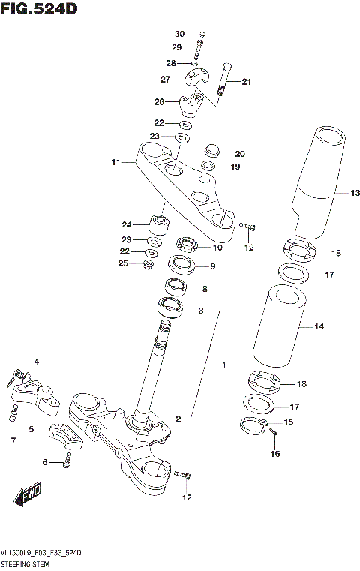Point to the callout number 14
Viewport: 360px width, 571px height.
[319, 326]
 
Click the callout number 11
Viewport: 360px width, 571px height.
[115, 161]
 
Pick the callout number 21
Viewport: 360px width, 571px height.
[246, 83]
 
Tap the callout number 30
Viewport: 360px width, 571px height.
[178, 35]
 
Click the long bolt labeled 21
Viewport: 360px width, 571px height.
[223, 79]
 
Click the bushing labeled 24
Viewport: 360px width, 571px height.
[160, 224]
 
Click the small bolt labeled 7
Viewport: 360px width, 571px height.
[13, 412]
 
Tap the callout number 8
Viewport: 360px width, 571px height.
[205, 288]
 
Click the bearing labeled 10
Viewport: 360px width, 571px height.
[185, 245]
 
